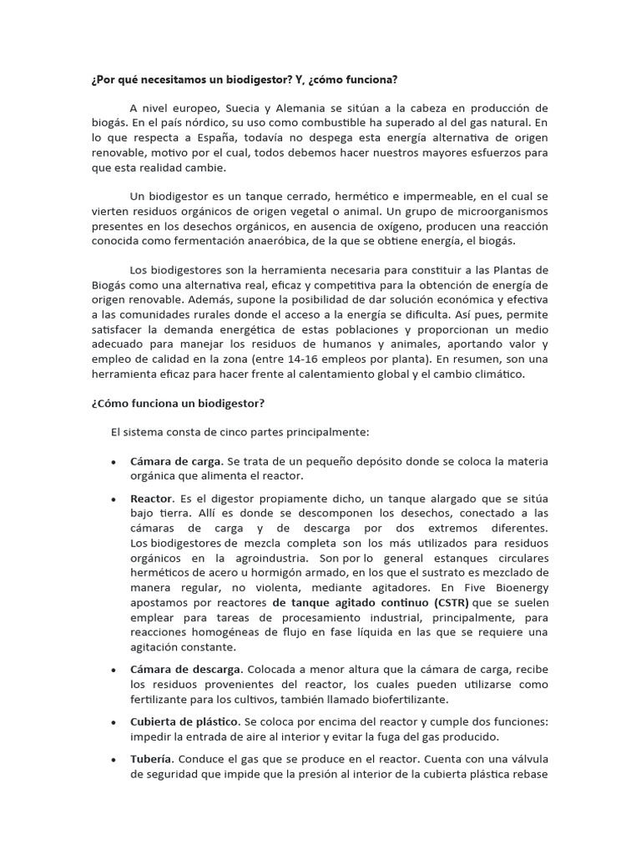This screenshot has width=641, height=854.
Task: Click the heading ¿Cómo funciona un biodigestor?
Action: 178,403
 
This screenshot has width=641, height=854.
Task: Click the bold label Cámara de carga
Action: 176,461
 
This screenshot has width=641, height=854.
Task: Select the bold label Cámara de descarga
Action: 186,670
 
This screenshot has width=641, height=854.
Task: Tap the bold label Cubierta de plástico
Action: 183,721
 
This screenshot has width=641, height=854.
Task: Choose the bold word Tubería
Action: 151,760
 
